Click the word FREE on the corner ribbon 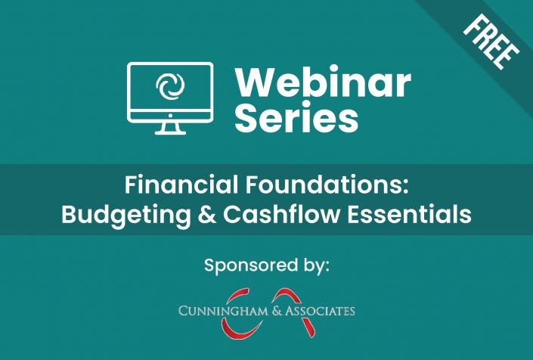click(x=491, y=42)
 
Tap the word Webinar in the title click(x=323, y=82)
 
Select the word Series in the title click(x=296, y=116)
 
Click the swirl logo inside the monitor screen click(x=170, y=86)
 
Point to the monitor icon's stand click(x=170, y=128)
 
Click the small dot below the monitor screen click(x=170, y=116)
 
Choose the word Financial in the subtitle click(x=181, y=185)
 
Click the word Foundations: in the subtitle click(x=327, y=185)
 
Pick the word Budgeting click(x=126, y=215)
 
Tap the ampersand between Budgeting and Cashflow click(x=206, y=215)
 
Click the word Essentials click(x=409, y=214)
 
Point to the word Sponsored click(x=251, y=265)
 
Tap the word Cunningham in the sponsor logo click(x=223, y=311)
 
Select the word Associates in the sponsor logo click(x=320, y=311)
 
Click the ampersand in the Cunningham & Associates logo click(x=277, y=311)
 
